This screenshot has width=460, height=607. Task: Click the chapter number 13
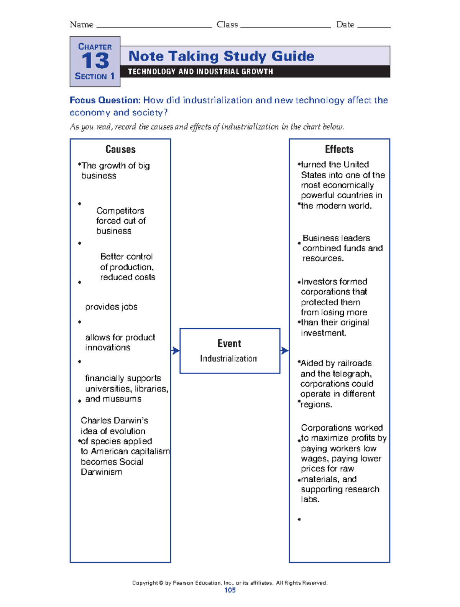(95, 61)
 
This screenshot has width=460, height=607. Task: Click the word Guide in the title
(292, 56)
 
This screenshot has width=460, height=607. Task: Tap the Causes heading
(120, 149)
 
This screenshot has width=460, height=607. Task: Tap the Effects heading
(339, 149)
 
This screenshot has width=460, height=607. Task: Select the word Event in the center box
(229, 344)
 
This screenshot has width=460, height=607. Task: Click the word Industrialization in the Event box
(228, 359)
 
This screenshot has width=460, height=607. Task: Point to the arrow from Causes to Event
(175, 350)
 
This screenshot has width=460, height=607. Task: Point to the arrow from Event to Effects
(284, 350)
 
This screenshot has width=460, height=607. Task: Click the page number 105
(230, 590)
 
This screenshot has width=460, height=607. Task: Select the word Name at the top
(81, 25)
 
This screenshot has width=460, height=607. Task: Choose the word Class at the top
(227, 25)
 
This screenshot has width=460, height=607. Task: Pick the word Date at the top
(345, 25)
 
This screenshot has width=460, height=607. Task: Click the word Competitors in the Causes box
(120, 211)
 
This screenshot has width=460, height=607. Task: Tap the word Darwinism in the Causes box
(101, 472)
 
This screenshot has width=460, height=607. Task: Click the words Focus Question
(105, 100)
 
